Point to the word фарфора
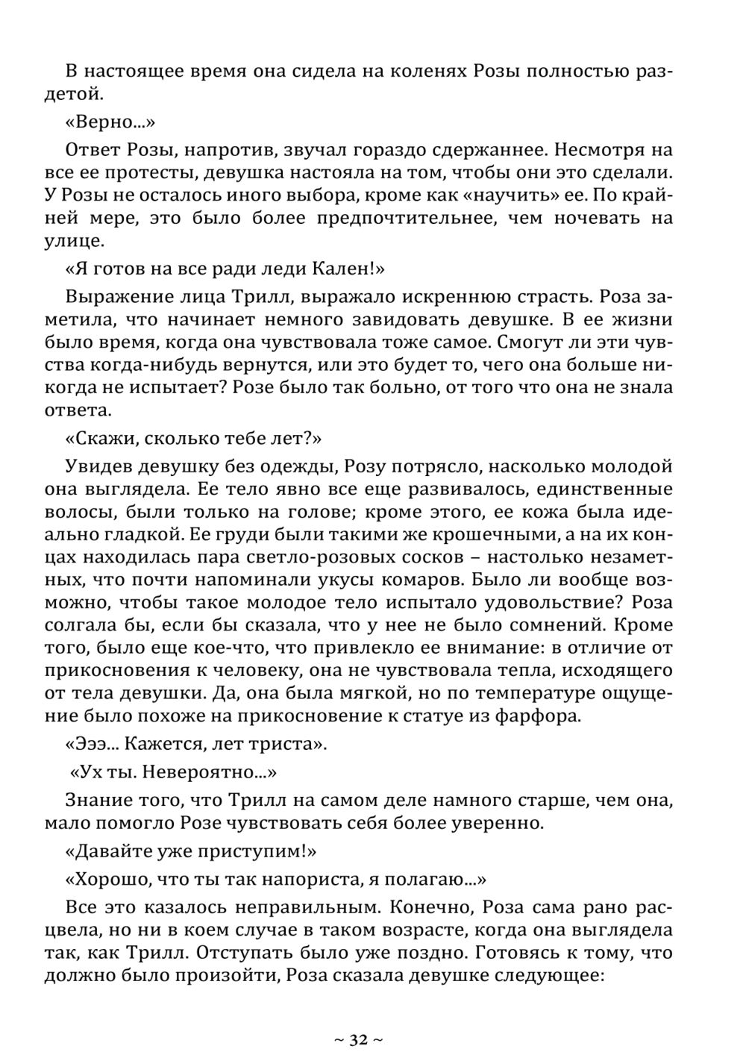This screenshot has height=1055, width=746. [x=530, y=716]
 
